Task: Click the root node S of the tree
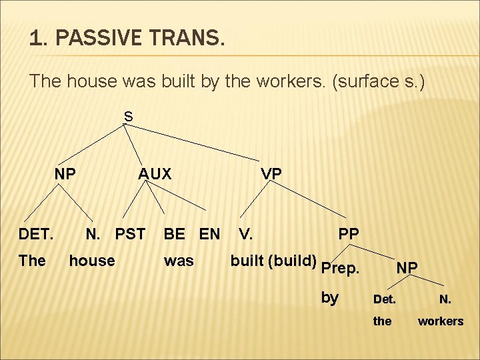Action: click(128, 117)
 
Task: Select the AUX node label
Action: click(155, 174)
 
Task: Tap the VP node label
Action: click(271, 174)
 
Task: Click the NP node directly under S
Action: click(65, 174)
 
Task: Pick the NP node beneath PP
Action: click(407, 267)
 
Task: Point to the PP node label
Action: click(349, 234)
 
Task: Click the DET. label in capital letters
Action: click(36, 234)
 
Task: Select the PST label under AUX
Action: click(130, 234)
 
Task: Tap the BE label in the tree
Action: click(175, 234)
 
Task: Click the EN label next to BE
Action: click(209, 234)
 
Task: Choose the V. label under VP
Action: click(245, 234)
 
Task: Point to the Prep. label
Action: click(340, 269)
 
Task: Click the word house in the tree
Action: click(92, 261)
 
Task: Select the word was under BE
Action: click(179, 261)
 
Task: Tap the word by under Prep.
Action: click(330, 297)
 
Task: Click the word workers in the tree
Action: click(440, 321)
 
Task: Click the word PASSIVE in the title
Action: click(97, 39)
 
